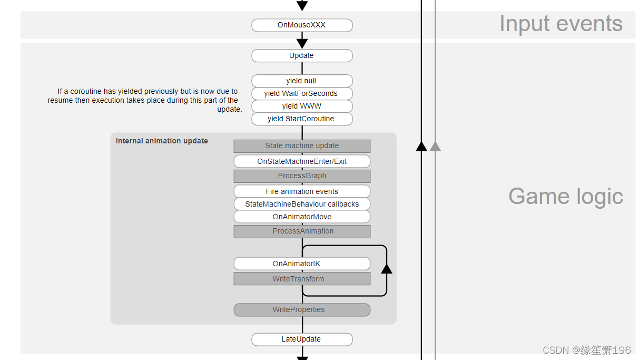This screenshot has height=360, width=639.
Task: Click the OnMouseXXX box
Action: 302,25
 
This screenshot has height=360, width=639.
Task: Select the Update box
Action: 302,56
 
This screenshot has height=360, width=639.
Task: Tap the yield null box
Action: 302,81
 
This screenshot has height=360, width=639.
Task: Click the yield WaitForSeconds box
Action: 302,94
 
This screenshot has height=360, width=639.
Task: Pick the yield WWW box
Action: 302,106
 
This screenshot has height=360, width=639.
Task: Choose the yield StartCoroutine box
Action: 302,119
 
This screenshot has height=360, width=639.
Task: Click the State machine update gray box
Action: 302,146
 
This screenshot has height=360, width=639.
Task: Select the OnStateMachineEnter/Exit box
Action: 302,161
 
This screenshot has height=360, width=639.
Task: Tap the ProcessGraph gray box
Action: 302,176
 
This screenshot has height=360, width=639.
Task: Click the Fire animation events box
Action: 302,191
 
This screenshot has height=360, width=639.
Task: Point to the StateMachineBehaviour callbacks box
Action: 302,204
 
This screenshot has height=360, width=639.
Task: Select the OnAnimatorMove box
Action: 302,217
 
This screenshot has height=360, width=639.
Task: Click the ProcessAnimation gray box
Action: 302,231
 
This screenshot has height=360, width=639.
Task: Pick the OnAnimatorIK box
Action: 302,264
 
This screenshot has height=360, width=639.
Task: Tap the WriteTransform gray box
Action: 302,279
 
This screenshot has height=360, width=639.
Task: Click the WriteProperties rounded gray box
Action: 302,310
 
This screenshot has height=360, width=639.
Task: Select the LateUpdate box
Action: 302,339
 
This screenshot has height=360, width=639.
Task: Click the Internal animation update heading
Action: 162,141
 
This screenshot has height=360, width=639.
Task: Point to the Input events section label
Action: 561,24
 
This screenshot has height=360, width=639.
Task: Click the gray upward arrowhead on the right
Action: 435,146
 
